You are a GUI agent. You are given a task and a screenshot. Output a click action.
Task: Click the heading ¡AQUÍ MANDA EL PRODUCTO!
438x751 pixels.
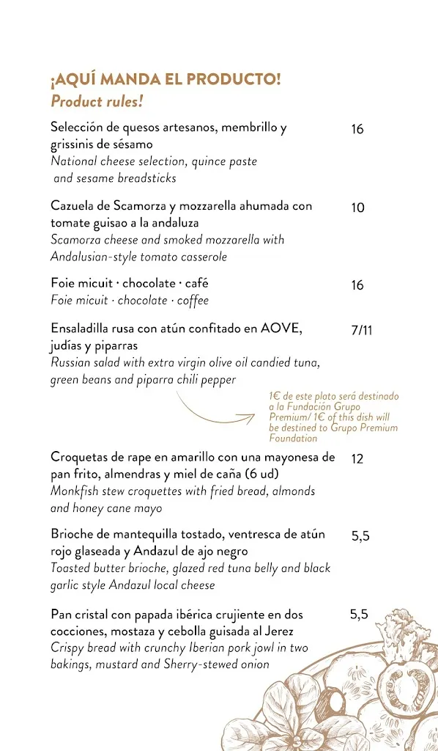[x=166, y=79]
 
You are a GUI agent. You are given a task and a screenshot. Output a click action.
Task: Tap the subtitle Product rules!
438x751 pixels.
[x=97, y=101]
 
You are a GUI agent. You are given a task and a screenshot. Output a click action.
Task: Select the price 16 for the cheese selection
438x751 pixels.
[x=357, y=130]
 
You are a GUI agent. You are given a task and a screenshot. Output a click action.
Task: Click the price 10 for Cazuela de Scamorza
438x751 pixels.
[x=357, y=208]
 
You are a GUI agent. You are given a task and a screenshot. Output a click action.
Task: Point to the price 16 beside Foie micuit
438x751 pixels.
[x=357, y=285]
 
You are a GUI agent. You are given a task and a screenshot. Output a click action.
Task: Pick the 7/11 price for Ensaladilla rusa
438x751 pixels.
[x=362, y=330]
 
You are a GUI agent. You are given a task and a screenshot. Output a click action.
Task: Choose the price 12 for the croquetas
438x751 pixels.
[x=357, y=459]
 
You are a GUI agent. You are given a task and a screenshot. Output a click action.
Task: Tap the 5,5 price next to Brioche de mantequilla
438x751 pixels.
[x=360, y=536]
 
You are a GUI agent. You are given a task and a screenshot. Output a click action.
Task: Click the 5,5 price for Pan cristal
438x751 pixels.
[x=358, y=615]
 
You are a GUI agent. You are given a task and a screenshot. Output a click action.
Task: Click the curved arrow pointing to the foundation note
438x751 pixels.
[x=216, y=413]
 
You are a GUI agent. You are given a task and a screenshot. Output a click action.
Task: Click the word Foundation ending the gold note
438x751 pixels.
[x=293, y=439]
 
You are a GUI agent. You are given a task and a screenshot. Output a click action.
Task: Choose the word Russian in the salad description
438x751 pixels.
[x=71, y=362]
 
